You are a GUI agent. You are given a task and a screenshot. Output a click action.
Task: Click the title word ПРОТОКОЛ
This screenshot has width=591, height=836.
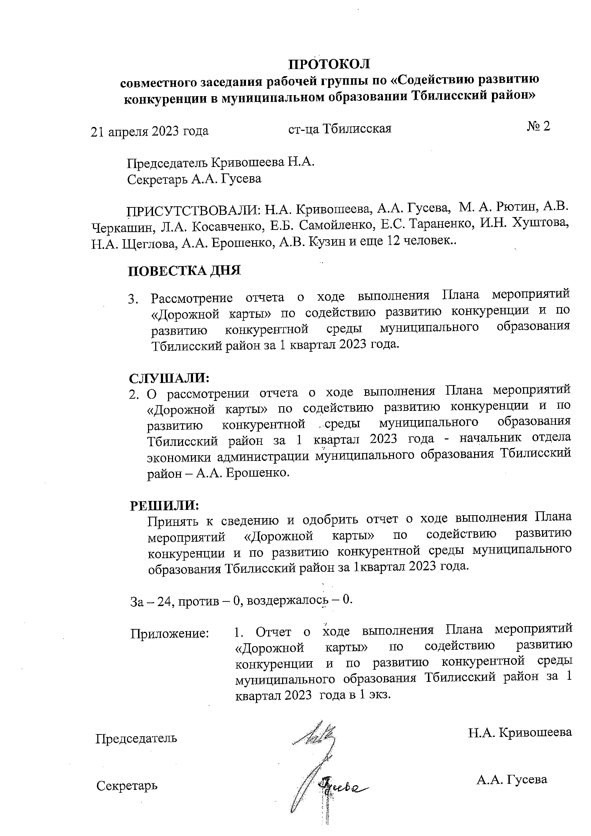[x=329, y=64]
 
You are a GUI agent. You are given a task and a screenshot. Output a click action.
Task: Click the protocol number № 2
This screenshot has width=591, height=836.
[x=538, y=126]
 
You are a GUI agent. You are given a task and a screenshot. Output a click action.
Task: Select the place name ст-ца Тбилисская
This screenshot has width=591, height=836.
[x=339, y=128]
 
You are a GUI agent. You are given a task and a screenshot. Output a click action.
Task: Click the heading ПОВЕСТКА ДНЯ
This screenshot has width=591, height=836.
[x=184, y=271]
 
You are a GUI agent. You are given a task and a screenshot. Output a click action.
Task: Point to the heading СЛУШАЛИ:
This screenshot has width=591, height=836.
[x=169, y=378]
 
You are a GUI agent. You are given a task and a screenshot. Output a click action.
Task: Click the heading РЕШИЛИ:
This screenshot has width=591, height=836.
[x=164, y=505]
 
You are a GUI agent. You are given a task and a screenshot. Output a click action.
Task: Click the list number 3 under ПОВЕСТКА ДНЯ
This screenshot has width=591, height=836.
[x=133, y=299]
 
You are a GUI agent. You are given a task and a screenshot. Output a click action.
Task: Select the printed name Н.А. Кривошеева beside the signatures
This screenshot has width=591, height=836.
[x=519, y=732]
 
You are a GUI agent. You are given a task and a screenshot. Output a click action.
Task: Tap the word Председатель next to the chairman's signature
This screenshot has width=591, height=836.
[x=136, y=738]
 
